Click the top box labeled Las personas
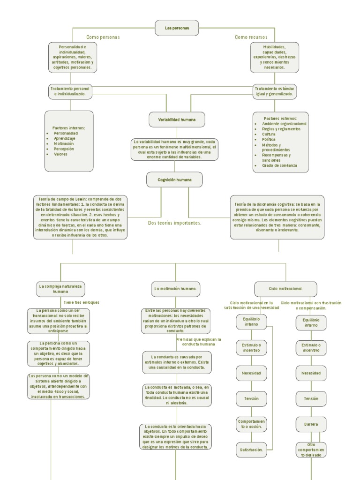pos(177,28)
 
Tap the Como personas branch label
pos(103,37)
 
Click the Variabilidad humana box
pos(173,120)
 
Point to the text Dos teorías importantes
pos(174,223)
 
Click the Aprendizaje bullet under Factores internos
pos(64,139)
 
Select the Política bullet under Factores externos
pos(269,139)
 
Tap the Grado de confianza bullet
pos(280,165)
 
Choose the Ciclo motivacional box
pos(285,289)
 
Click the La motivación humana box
pos(176,289)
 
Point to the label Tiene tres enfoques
pos(82,303)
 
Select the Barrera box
pos(311,424)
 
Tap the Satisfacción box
pos(252,450)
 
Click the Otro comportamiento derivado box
pos(311,450)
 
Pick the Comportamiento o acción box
pos(252,424)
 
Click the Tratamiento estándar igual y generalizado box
pos(275,91)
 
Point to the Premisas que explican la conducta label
pos(199,342)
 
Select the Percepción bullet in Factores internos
pos(64,149)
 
